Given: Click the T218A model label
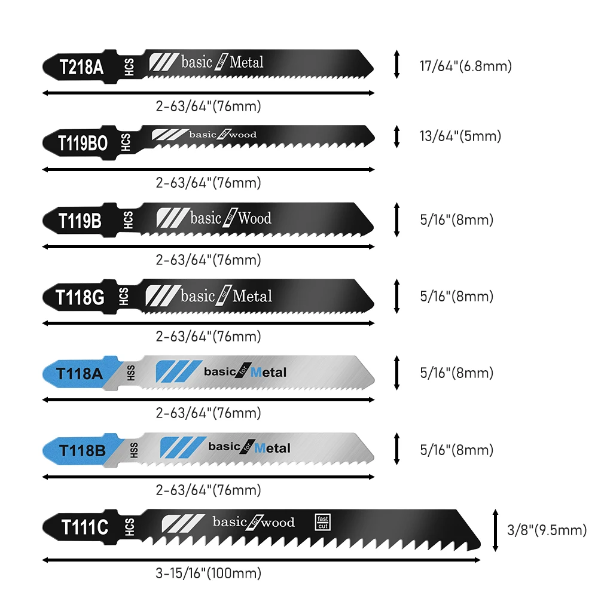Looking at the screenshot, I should tap(81, 66).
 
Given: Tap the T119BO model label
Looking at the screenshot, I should tap(82, 143).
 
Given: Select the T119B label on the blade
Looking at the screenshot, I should tap(80, 220).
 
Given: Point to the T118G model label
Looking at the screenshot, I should tap(80, 297).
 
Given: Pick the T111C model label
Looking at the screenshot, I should tap(84, 527).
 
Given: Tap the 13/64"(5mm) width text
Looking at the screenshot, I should tap(460, 136).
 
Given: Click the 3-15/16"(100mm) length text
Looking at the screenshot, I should tap(208, 573).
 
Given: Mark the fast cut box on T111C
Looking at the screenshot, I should tap(322, 521).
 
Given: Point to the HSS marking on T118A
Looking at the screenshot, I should tap(131, 373).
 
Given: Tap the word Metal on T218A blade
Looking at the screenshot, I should tap(246, 62).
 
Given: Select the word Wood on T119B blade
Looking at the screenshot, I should tap(254, 218).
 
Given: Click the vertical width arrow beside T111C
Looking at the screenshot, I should tap(495, 530).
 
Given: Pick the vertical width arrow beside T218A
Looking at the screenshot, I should tap(396, 65).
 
